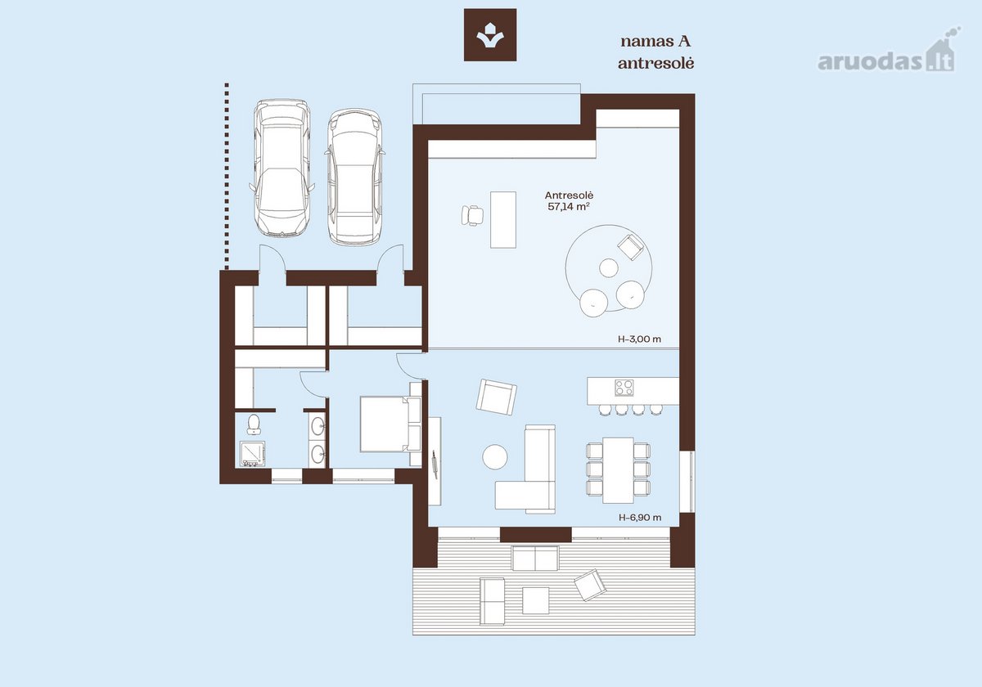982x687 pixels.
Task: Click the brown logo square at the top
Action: (x=490, y=34)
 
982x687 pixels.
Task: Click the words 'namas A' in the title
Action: (x=655, y=42)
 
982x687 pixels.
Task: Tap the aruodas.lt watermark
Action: (x=889, y=56)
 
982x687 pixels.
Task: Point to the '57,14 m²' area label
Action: (x=568, y=207)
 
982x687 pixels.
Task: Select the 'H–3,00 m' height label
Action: (x=640, y=339)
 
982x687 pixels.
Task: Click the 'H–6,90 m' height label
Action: (x=640, y=518)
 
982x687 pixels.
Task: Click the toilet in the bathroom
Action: (x=254, y=424)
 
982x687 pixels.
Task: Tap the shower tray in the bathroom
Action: (x=253, y=454)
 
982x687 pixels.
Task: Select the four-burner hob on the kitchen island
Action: (x=624, y=388)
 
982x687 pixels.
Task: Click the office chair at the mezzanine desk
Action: (x=472, y=215)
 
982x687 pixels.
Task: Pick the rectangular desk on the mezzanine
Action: (x=502, y=219)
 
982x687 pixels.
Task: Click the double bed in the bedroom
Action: (x=390, y=424)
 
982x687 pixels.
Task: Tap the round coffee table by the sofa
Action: (x=495, y=457)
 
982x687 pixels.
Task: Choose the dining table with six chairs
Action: (x=618, y=470)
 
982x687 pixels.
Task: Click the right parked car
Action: (x=354, y=177)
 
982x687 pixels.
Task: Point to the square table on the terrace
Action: (x=535, y=600)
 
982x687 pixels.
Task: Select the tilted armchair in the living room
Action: (x=496, y=397)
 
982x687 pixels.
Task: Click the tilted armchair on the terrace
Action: (x=591, y=585)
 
